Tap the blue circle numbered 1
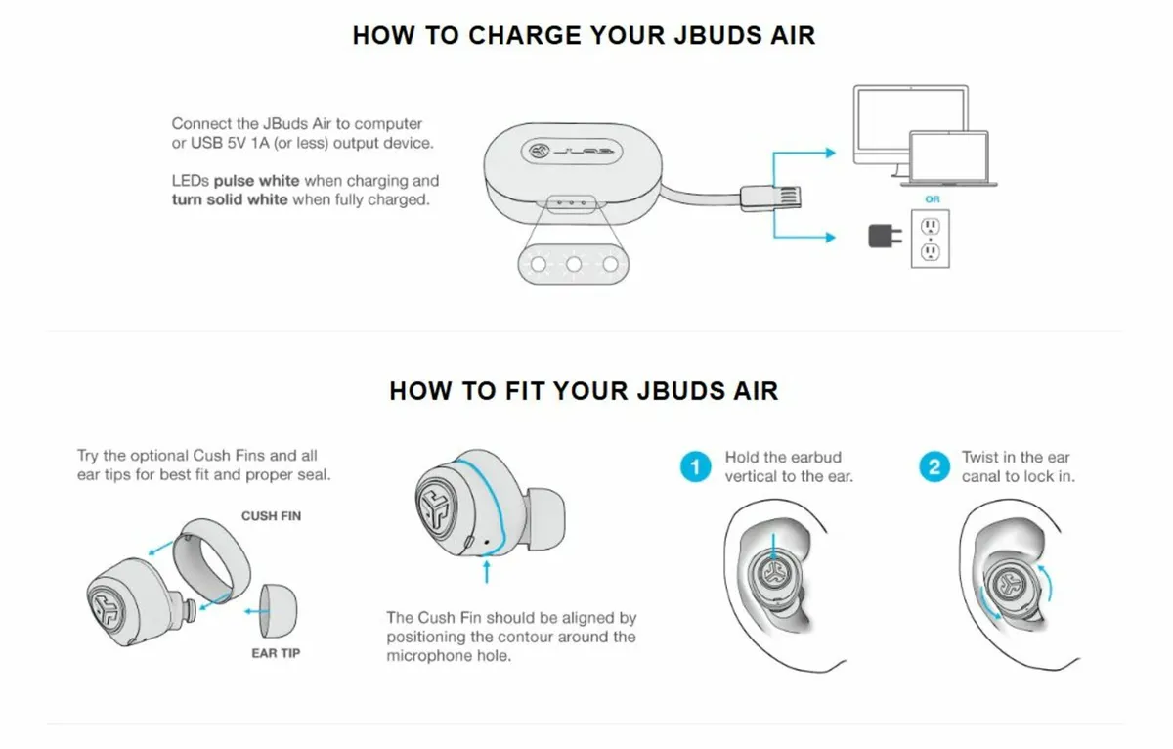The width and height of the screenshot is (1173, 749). point(695,466)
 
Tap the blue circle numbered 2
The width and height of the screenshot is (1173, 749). point(934,466)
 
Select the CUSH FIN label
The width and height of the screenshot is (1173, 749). point(271,515)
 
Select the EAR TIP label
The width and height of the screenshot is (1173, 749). point(276,653)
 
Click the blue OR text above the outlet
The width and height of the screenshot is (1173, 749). point(932,199)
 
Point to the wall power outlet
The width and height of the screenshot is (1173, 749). point(931,239)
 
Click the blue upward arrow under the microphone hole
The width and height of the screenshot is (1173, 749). point(486,570)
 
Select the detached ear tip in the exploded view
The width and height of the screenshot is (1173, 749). point(283,614)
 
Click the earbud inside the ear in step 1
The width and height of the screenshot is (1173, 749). point(773,575)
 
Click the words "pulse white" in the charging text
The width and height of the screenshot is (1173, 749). point(257,181)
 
